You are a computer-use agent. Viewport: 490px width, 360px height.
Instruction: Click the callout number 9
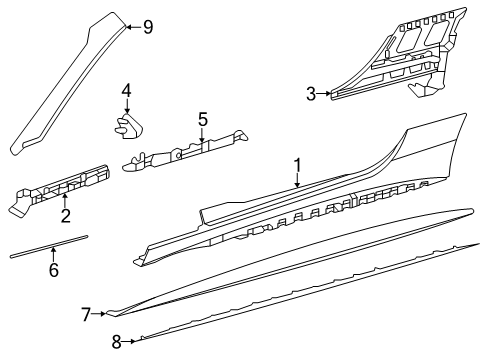[148, 27]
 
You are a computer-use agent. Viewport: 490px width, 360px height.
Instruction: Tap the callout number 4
[127, 91]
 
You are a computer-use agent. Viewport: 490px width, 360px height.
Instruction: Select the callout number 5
[203, 119]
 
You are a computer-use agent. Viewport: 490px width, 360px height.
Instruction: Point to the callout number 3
[311, 94]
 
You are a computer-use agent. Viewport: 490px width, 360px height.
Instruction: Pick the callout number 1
[297, 166]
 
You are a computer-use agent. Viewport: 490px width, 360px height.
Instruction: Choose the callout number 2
[66, 216]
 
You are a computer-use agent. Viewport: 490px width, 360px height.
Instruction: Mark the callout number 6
[54, 270]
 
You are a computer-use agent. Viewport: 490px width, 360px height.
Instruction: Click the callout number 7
[86, 315]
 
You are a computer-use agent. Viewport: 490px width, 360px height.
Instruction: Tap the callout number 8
[116, 342]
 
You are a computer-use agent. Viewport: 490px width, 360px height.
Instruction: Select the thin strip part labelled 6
[49, 246]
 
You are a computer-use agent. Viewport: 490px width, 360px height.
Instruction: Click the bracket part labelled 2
[60, 190]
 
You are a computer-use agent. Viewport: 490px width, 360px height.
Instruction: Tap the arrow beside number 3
[324, 94]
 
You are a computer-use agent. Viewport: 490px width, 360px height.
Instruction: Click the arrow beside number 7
[99, 314]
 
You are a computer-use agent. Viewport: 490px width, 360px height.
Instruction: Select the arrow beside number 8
[128, 341]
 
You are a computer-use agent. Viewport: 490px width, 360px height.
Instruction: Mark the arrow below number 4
[127, 106]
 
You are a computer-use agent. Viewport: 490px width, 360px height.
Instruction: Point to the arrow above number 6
[53, 254]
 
